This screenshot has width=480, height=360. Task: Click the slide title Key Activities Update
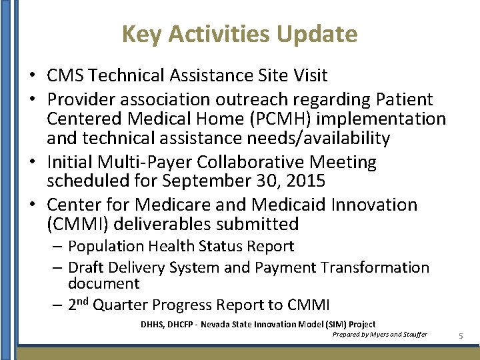tap(239, 33)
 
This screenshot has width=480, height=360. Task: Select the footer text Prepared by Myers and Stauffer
tap(379, 334)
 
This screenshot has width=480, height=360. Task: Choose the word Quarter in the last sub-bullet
tap(121, 305)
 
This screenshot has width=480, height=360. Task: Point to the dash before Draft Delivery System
tap(57, 267)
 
